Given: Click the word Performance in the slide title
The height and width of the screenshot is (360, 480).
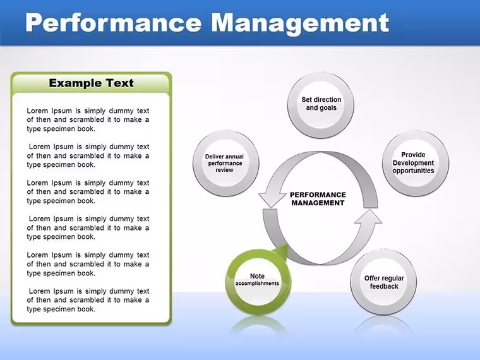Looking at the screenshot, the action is [x=113, y=23].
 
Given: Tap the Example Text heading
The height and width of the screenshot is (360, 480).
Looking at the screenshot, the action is [x=91, y=83].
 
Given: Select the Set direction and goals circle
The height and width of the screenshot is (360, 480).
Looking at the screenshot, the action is [x=321, y=105].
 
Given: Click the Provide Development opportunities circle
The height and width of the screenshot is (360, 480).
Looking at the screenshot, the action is [x=416, y=163].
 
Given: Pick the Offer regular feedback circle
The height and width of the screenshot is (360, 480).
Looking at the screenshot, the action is [x=383, y=282].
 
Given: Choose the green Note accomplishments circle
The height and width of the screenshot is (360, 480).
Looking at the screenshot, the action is [x=258, y=282].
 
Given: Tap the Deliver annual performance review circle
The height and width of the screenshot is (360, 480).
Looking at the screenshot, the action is [x=226, y=163].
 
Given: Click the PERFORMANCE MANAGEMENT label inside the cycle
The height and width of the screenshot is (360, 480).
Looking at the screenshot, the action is [x=318, y=199].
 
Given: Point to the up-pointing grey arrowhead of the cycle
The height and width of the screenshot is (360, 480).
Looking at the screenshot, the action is [x=370, y=217].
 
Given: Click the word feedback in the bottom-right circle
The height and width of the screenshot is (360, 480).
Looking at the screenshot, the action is [x=384, y=286].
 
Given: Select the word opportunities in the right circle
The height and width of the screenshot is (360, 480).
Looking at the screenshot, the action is [x=413, y=171].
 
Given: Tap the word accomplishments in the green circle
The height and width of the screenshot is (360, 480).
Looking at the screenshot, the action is [x=257, y=284].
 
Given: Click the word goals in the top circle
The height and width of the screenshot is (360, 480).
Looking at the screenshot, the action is [x=328, y=108].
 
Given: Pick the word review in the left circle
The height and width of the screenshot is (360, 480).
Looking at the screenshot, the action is [x=224, y=170].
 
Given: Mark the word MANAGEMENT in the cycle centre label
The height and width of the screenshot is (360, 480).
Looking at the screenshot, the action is [x=318, y=203].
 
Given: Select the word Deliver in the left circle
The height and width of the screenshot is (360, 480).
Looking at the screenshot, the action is [x=214, y=157].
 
